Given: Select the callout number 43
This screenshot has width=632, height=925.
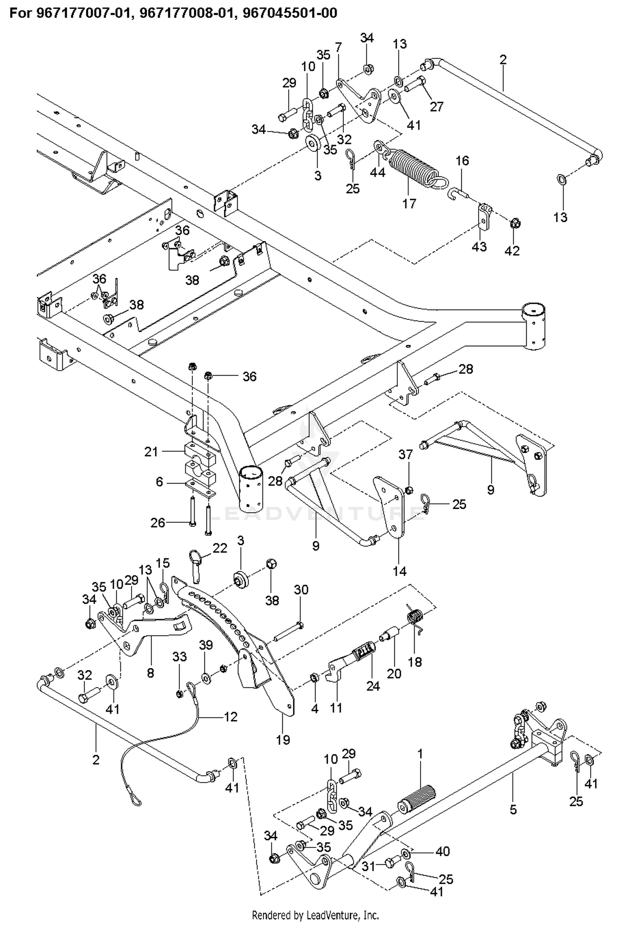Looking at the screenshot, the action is pyautogui.click(x=479, y=246).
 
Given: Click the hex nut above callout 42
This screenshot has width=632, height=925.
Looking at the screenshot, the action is pyautogui.click(x=514, y=223).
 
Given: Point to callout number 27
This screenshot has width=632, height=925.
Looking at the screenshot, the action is pyautogui.click(x=437, y=106).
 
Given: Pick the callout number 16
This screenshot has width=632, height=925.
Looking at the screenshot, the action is pyautogui.click(x=462, y=160).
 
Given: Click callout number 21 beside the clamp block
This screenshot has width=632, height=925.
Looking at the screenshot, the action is pyautogui.click(x=151, y=452).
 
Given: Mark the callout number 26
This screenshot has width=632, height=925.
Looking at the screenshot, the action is pyautogui.click(x=158, y=523).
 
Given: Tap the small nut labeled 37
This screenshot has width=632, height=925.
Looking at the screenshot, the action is pyautogui.click(x=408, y=489).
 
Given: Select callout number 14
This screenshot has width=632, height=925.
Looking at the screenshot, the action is pyautogui.click(x=399, y=571).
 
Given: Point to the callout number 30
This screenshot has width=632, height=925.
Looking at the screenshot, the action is pyautogui.click(x=301, y=590).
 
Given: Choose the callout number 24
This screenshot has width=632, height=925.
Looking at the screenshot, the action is pyautogui.click(x=373, y=686).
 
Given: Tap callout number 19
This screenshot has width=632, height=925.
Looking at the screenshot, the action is pyautogui.click(x=283, y=740).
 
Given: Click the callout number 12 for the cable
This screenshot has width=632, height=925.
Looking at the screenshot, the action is pyautogui.click(x=230, y=716).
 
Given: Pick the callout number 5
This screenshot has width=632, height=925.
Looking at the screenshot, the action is pyautogui.click(x=513, y=809).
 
